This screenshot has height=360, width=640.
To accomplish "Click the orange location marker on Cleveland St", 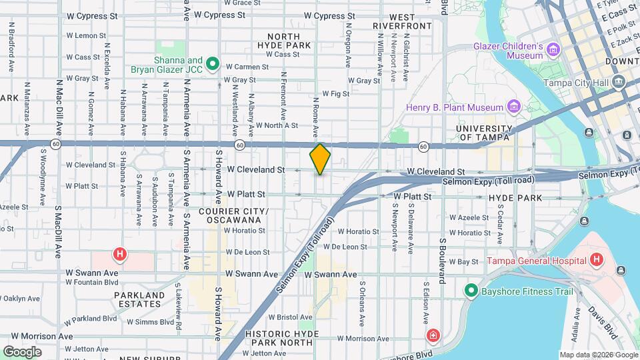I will point(320,159).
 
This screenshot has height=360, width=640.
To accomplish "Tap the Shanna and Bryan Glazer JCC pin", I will point(213,64).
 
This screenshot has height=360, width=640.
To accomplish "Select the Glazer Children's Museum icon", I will point(553,50).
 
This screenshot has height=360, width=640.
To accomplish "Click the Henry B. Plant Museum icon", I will point(513,107).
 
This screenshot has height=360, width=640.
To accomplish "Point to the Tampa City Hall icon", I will point(619,83).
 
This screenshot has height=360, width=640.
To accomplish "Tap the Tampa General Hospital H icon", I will point(596,260).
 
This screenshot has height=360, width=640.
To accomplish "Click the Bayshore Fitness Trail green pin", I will point(471,291).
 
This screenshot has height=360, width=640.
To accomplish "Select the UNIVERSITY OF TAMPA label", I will point(484,133).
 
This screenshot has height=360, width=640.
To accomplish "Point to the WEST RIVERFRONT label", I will point(402,21).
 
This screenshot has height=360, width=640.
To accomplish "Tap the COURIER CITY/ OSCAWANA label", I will point(233,215).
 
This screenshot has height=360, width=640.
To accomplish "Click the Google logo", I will point(22,351).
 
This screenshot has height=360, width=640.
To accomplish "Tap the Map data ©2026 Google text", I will point(597,355).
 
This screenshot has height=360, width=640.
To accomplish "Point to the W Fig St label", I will point(335,94).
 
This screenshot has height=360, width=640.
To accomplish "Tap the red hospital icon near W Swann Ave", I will point(120,253).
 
